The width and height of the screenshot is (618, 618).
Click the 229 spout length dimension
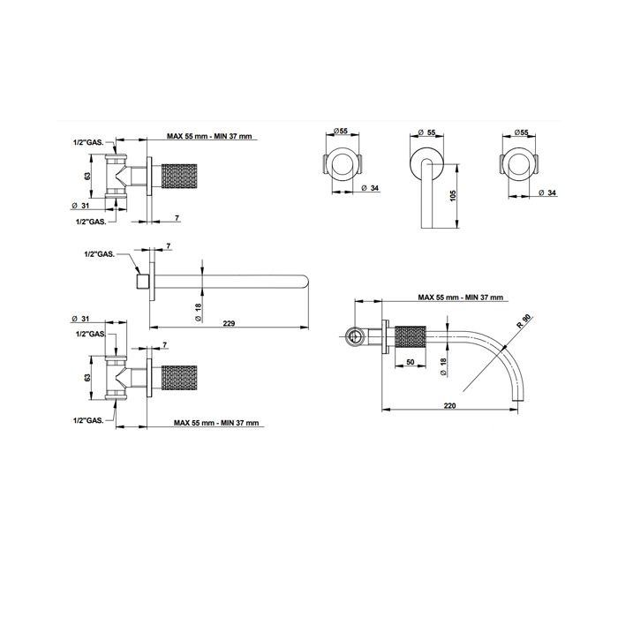click(x=229, y=323)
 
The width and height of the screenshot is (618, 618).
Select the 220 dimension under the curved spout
click(x=449, y=405)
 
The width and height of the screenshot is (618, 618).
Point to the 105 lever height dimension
click(x=452, y=196)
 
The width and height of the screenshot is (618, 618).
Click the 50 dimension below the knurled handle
click(x=411, y=362)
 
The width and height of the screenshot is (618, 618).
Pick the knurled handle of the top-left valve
click(x=179, y=175)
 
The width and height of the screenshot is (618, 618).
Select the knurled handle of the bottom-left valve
click(x=179, y=378)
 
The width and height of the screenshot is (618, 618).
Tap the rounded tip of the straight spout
click(x=305, y=283)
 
